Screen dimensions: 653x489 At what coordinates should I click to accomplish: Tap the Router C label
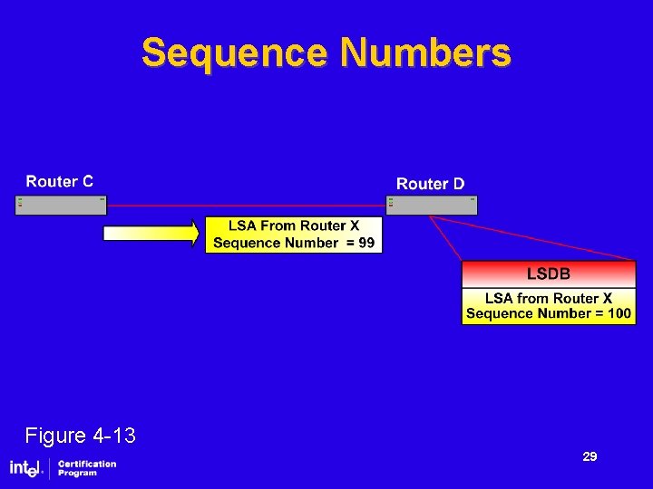tap(59, 181)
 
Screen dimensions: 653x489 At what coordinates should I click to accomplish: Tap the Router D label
tap(430, 184)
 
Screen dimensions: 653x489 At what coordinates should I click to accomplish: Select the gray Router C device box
tap(61, 205)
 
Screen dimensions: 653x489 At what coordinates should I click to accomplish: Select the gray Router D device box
tap(432, 205)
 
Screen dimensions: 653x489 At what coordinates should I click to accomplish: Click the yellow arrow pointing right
tap(151, 234)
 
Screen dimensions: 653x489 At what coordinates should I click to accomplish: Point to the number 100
tap(619, 314)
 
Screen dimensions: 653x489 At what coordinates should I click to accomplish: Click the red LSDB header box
tap(549, 273)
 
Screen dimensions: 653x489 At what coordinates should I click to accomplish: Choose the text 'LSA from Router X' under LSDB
tap(548, 298)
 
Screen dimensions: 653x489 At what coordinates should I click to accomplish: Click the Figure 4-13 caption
tap(80, 436)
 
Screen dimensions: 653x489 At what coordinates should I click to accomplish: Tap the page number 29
tap(590, 457)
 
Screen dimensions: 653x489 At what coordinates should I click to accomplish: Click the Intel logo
tap(26, 468)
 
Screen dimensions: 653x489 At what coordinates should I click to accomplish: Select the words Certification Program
tap(87, 468)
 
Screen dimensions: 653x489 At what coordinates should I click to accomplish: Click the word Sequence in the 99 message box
tap(247, 243)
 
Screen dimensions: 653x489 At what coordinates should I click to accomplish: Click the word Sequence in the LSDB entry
tap(499, 314)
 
